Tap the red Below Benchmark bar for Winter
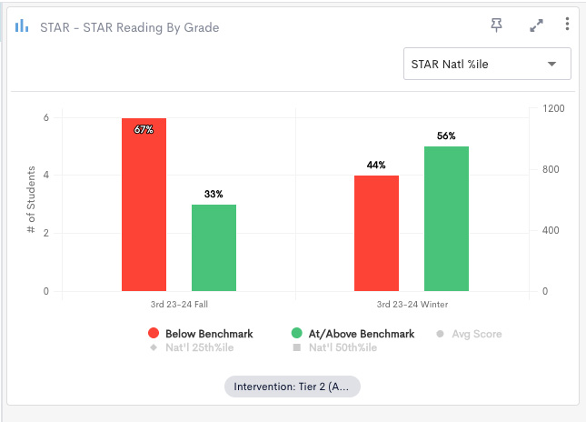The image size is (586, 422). tap(376, 233)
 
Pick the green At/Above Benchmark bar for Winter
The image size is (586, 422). tap(446, 218)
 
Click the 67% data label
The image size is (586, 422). tap(144, 130)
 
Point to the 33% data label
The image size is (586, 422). tap(214, 195)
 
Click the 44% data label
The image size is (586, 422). tap(376, 166)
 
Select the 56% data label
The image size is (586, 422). tap(446, 136)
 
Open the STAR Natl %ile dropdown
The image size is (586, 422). tap(487, 64)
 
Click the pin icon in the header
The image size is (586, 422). tap(496, 25)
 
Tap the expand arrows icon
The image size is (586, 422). tap(536, 25)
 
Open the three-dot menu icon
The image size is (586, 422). tap(567, 25)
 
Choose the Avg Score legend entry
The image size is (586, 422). tap(469, 334)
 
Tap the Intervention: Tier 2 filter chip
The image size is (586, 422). tap(293, 387)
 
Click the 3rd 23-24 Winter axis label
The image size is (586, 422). tap(412, 304)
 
